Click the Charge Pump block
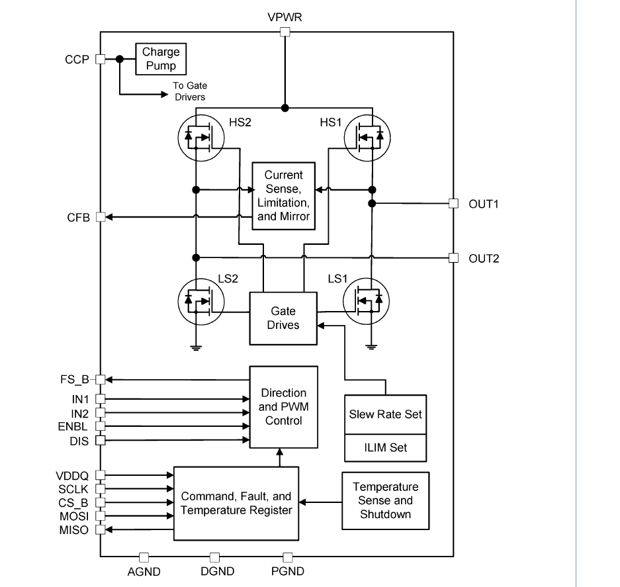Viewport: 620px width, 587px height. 160,59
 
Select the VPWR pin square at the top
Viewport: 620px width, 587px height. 285,32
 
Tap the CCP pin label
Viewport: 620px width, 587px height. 77,59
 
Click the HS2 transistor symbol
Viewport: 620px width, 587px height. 201,137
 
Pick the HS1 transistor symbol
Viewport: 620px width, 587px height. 367,137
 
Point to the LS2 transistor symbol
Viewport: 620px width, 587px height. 201,302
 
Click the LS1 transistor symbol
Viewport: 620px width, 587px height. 366,302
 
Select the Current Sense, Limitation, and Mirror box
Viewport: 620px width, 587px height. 283,196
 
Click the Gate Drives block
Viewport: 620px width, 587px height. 283,318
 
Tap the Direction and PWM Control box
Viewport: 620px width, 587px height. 283,407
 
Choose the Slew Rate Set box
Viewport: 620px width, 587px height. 385,415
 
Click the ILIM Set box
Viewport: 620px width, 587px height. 385,448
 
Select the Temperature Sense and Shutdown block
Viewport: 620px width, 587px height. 385,501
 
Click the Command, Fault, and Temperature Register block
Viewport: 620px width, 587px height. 236,504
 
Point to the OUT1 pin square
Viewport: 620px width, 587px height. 453,203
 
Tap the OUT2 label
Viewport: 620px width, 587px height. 484,258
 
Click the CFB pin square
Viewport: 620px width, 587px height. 101,217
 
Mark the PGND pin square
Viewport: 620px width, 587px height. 287,557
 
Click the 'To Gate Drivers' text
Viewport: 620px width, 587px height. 189,91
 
